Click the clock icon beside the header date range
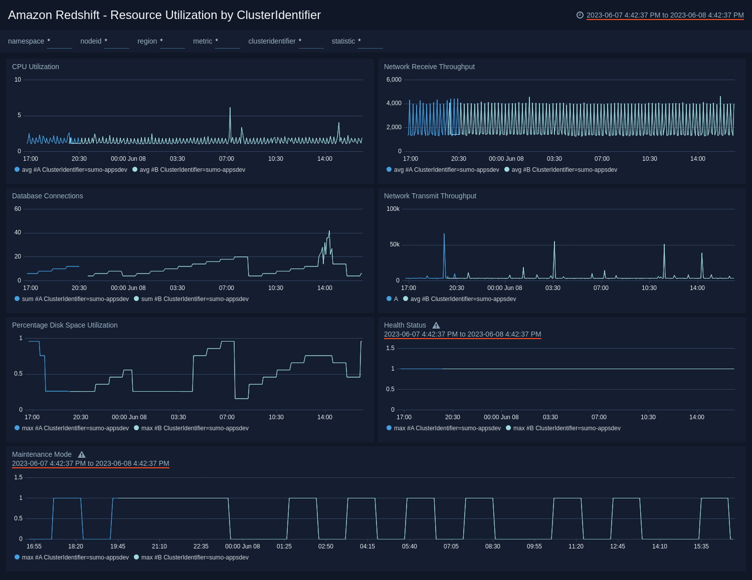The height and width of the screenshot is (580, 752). tap(580, 15)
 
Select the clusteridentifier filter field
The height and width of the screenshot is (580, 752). tap(311, 42)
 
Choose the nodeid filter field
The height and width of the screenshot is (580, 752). tap(116, 42)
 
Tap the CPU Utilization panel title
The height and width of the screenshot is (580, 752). tap(36, 67)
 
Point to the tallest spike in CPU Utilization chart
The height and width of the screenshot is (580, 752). tap(230, 108)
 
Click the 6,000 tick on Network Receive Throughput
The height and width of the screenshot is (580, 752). tap(394, 80)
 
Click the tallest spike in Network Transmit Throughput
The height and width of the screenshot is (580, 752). tap(444, 234)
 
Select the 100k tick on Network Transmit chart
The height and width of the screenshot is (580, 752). tap(393, 209)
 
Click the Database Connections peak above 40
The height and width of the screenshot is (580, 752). tap(329, 231)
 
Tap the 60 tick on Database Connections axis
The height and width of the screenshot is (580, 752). tap(18, 209)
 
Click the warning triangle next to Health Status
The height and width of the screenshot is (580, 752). tap(436, 326)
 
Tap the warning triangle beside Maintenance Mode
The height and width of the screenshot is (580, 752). tap(82, 455)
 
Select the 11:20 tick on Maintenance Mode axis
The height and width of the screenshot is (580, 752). tap(576, 546)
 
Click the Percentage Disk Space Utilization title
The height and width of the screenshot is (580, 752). tap(65, 325)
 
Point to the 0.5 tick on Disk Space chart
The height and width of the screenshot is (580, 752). tap(18, 374)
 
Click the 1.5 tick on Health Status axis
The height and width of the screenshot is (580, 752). tap(390, 348)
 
